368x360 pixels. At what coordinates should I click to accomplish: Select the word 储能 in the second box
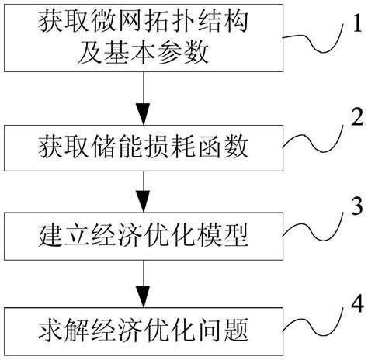point(128,145)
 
